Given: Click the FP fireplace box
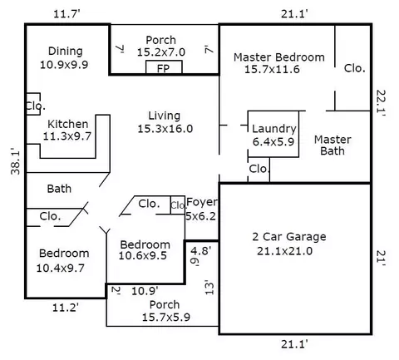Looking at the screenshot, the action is click(x=164, y=67).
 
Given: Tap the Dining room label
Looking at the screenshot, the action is click(x=66, y=52).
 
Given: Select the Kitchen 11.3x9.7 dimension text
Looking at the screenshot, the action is click(x=67, y=136).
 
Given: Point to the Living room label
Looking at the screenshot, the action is click(x=165, y=116).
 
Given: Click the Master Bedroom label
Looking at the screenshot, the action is click(x=279, y=57).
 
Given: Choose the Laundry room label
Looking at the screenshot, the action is click(x=274, y=129).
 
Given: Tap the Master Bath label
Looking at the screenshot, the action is click(x=332, y=145).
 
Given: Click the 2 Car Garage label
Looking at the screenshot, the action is click(x=289, y=237).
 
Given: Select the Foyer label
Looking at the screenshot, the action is click(x=202, y=202).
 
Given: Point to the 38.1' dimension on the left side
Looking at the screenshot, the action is click(x=16, y=162).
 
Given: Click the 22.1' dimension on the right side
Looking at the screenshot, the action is click(x=381, y=102).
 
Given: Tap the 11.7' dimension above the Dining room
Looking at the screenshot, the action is click(x=66, y=13).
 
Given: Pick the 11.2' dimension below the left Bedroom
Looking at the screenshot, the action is click(x=66, y=308).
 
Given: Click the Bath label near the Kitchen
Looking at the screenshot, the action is click(x=59, y=189).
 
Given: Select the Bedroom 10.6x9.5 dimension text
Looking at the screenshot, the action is click(x=143, y=255).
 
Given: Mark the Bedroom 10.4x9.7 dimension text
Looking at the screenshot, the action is click(x=61, y=269).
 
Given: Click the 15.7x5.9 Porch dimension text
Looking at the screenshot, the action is click(x=166, y=318).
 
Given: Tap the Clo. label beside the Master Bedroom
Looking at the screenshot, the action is click(x=355, y=68).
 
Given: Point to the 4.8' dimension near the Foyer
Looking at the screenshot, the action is click(x=201, y=251).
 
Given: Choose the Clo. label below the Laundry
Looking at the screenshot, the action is click(x=259, y=169).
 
